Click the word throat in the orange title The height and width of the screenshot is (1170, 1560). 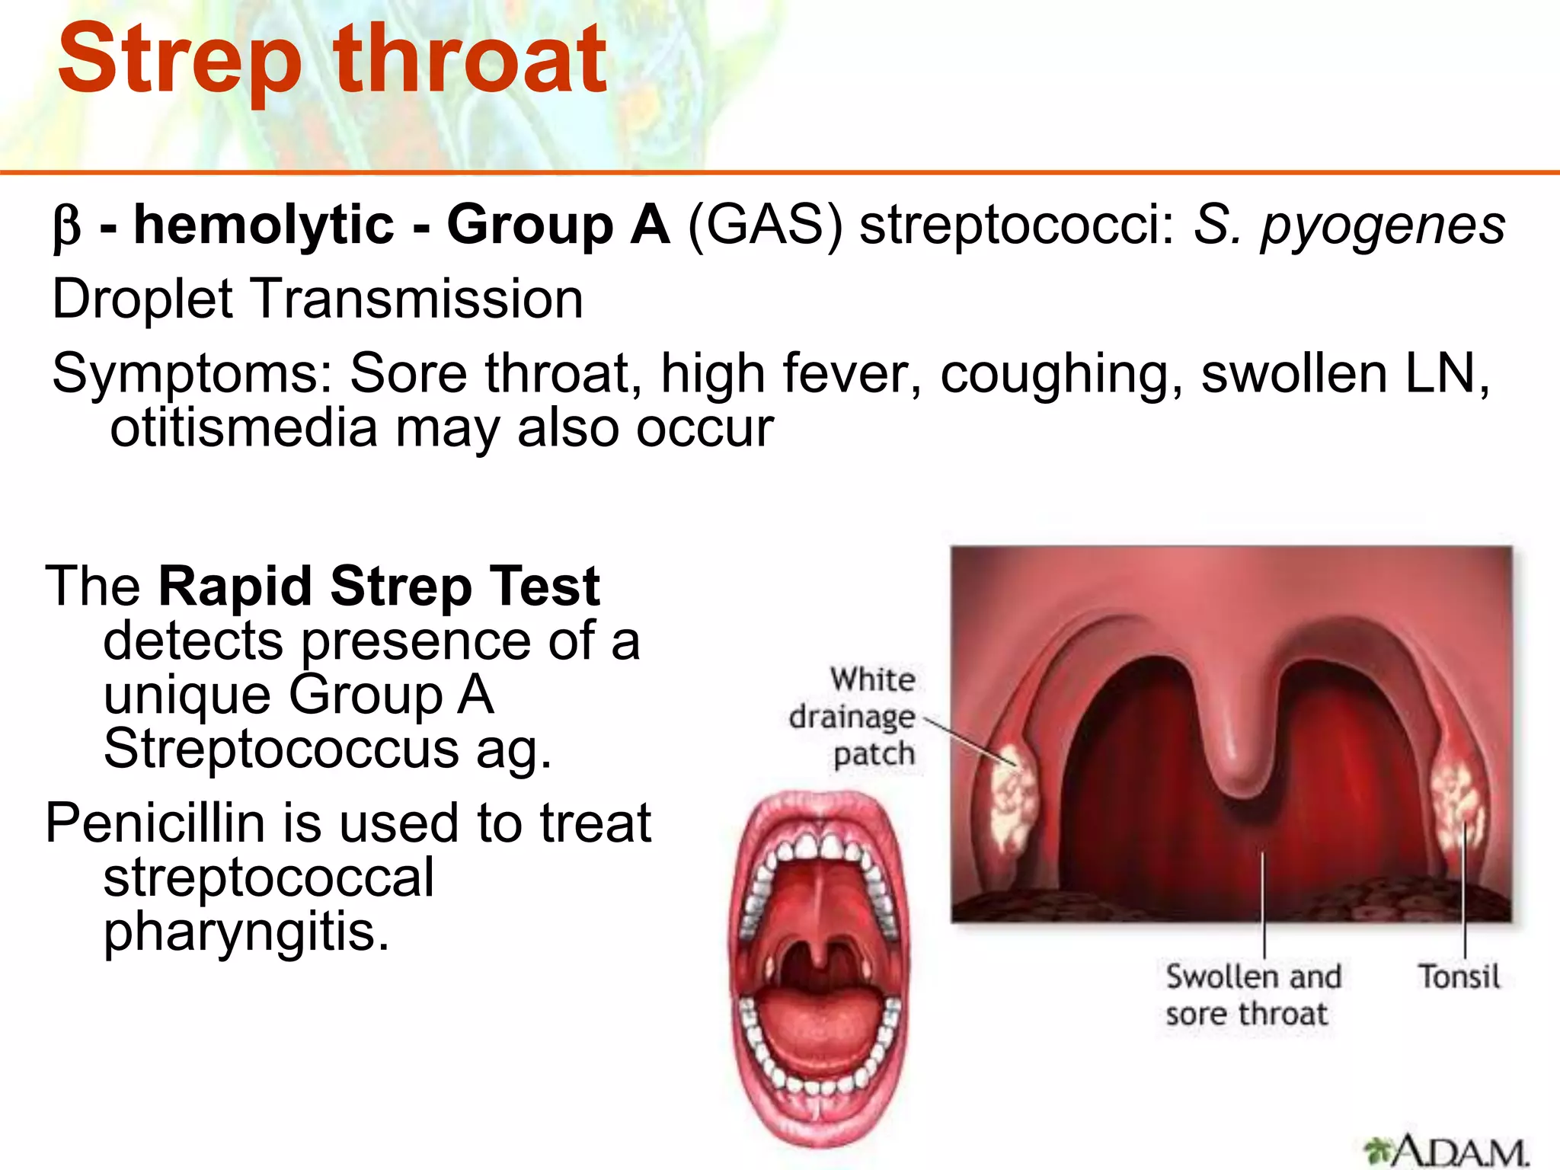pyautogui.click(x=469, y=59)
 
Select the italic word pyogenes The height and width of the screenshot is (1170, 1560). pyautogui.click(x=1383, y=227)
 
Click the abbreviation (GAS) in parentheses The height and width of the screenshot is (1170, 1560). pyautogui.click(x=765, y=225)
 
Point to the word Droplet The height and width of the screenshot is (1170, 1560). pyautogui.click(x=142, y=299)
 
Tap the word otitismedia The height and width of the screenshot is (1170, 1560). pyautogui.click(x=244, y=428)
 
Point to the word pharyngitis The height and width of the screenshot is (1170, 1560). pyautogui.click(x=245, y=932)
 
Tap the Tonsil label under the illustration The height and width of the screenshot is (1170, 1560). pyautogui.click(x=1457, y=977)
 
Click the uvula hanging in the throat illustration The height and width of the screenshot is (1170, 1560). pyautogui.click(x=1239, y=769)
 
